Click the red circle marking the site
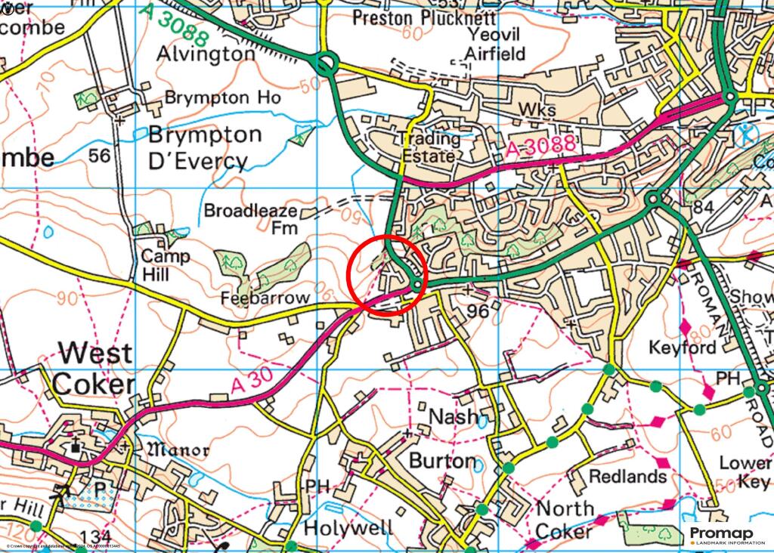[388, 274]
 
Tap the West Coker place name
[94, 368]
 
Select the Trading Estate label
[429, 147]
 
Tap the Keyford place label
[682, 348]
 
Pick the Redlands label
[627, 477]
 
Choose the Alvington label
[206, 54]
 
